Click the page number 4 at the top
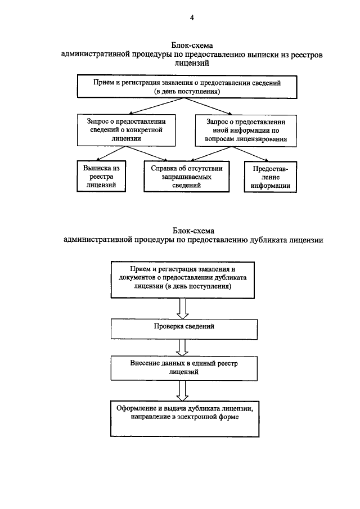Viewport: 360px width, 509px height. [192, 19]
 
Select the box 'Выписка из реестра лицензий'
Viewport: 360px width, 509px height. [101, 176]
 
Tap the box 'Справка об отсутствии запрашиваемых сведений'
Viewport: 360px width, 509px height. [187, 176]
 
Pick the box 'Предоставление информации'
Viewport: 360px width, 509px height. [271, 176]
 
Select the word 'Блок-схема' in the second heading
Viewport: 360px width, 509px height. [193, 231]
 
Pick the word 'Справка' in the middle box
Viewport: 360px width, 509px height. [164, 168]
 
